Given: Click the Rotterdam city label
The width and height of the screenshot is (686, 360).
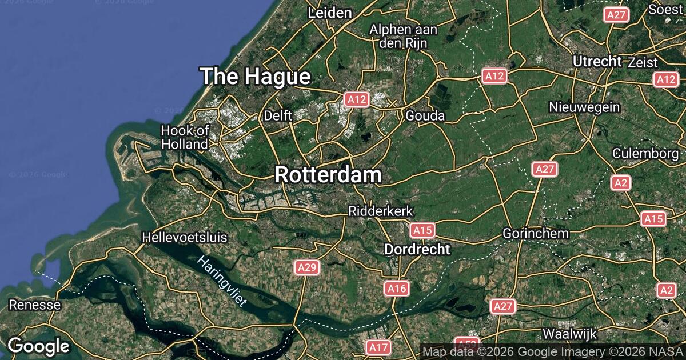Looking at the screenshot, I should pos(328,175).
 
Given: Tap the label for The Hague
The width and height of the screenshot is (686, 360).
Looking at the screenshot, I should pos(256,76).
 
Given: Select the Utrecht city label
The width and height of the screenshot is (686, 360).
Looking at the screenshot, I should pos(597,61).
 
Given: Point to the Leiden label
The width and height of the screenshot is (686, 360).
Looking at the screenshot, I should pos(330,13).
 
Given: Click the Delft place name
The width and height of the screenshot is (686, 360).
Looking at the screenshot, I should pos(278,116).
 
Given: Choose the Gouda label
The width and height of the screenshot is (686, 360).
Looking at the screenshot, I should pos(425,116).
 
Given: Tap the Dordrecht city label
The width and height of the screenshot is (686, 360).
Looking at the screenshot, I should pos(417,249).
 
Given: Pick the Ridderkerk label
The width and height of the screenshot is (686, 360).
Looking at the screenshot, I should pos(381,211).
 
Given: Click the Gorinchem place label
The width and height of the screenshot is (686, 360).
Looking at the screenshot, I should pos(536,233).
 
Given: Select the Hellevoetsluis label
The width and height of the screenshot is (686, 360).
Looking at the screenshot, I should pos(185,237).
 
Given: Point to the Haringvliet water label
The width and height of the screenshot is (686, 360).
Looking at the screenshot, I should pos(222,281).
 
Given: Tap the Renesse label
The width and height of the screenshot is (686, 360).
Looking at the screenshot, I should pos(34,305).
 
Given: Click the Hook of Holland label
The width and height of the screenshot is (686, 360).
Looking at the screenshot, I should pos(185,137).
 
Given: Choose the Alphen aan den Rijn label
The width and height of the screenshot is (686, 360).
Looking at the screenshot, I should pos(404,35).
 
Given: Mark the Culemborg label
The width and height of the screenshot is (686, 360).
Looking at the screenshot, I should pos(645,154).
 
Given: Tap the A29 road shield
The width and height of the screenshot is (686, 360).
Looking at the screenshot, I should pos(307,267).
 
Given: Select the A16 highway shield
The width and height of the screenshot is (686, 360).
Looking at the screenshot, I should pos(396,289).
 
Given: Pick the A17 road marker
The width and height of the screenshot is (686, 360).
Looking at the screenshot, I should pos(378,347).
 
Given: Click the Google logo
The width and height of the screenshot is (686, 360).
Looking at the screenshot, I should pos(38,346).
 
